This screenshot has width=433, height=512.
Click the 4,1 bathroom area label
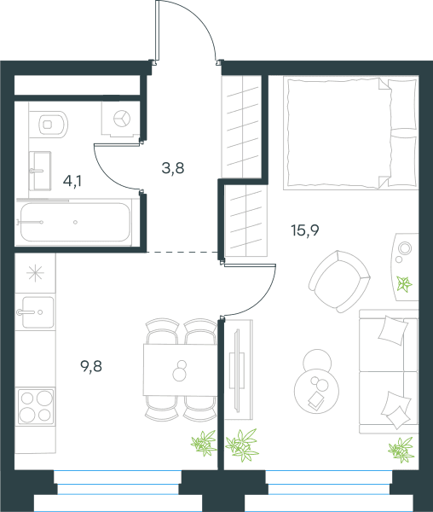(72, 181)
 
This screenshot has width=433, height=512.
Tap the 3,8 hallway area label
(173, 168)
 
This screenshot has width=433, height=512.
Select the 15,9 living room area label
(305, 230)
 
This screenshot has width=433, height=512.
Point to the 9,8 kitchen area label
(91, 366)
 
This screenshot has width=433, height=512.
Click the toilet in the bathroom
(53, 124)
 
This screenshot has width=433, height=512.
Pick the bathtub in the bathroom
(75, 222)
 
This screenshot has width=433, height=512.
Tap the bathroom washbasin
(40, 171)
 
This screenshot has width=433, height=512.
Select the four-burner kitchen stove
(36, 406)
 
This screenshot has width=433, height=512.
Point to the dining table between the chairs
(180, 369)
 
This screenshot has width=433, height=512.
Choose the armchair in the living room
(339, 281)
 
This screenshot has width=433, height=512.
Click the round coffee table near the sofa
(316, 391)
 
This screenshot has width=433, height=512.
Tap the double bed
(350, 133)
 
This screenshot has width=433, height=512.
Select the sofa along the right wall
(389, 371)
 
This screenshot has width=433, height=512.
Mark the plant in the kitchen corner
(204, 443)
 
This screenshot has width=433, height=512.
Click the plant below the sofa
(401, 450)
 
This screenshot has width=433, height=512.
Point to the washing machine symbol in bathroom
(122, 119)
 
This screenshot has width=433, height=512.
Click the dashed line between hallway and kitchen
(182, 252)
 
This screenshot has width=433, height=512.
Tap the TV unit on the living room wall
(239, 369)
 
